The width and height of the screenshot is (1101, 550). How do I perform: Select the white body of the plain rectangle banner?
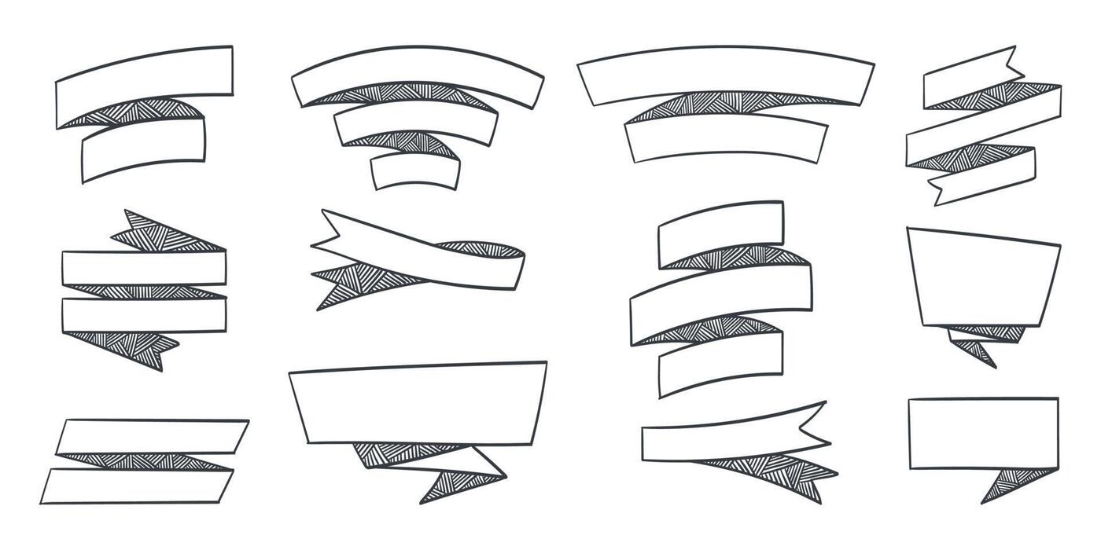983,432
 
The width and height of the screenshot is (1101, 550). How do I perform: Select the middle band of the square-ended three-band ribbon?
720,302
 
